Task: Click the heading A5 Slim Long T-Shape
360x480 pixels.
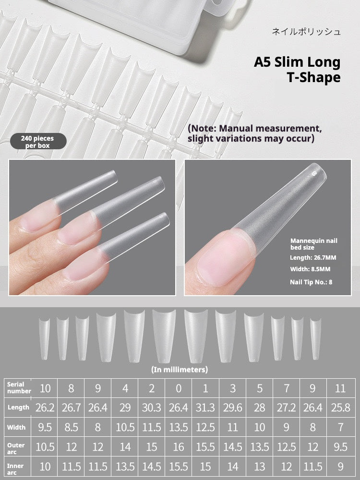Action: (x=297, y=70)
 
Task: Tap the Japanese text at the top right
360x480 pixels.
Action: (x=306, y=32)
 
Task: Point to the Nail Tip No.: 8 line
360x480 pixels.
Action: (x=311, y=282)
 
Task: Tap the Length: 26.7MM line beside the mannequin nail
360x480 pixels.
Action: (x=313, y=257)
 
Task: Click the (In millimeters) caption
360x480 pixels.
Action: (x=180, y=370)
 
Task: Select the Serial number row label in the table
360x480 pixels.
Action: (x=19, y=388)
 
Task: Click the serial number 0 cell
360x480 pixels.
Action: (x=178, y=388)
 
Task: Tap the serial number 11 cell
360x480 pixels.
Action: (x=340, y=388)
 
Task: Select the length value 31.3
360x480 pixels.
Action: (x=205, y=408)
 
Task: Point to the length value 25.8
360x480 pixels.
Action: (x=340, y=408)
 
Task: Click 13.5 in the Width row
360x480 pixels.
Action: (x=178, y=427)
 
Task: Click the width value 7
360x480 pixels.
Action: (x=340, y=427)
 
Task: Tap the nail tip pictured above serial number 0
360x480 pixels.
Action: (x=164, y=336)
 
